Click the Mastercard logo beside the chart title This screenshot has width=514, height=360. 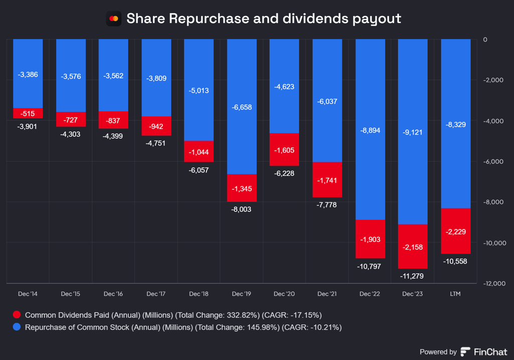(114, 19)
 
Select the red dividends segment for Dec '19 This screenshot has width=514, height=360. (242, 188)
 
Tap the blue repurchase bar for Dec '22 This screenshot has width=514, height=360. (370, 130)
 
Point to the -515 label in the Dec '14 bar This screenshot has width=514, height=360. (28, 113)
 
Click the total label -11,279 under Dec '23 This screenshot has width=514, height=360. (413, 276)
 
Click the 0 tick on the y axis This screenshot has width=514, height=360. (484, 39)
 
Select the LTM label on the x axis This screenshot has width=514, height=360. (456, 293)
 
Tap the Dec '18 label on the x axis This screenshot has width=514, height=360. (199, 293)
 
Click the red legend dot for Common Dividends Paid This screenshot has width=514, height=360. (17, 315)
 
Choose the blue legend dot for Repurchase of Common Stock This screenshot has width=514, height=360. (17, 327)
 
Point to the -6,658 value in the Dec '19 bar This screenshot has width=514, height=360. (242, 107)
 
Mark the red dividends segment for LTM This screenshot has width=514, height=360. (456, 231)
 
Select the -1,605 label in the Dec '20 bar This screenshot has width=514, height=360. (285, 150)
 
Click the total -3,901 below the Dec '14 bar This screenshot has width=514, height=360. (28, 126)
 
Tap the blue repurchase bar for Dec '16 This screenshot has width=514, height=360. (113, 75)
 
